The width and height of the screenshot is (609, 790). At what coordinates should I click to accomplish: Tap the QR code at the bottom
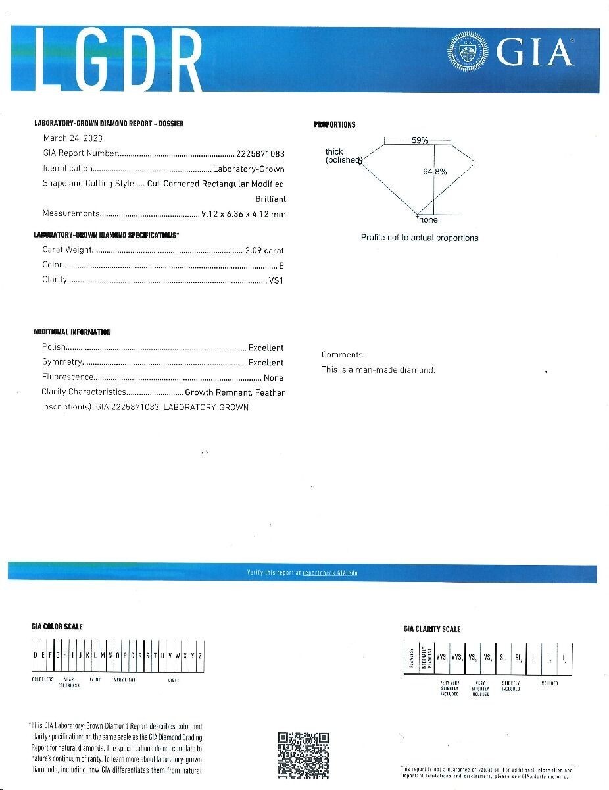303,755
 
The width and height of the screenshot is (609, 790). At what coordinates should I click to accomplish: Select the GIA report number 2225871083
260,153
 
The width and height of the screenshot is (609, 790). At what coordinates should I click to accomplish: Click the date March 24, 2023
73,138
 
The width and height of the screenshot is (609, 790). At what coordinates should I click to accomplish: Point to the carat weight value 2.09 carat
264,250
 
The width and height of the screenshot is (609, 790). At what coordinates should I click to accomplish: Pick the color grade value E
281,265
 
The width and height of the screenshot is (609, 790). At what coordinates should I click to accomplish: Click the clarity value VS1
276,280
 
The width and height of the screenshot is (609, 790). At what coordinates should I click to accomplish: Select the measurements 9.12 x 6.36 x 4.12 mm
243,213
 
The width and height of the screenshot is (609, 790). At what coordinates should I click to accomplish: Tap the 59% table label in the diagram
420,140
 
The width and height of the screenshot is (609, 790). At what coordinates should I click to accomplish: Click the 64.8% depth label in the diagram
435,172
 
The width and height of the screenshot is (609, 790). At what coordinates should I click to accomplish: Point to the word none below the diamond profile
427,220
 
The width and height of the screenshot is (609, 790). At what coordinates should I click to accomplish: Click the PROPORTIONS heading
334,125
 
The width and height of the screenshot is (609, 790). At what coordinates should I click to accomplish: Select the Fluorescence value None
273,378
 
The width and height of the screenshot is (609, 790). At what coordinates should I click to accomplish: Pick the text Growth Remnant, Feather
235,392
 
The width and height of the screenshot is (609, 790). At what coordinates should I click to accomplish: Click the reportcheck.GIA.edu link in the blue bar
330,573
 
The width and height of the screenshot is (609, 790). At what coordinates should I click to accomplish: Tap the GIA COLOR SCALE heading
57,627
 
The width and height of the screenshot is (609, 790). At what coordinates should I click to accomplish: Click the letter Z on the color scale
200,656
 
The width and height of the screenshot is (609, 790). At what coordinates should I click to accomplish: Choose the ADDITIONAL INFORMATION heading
72,332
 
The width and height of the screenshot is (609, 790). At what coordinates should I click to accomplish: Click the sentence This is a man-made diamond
378,370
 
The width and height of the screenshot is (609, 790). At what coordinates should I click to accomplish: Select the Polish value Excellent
266,348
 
